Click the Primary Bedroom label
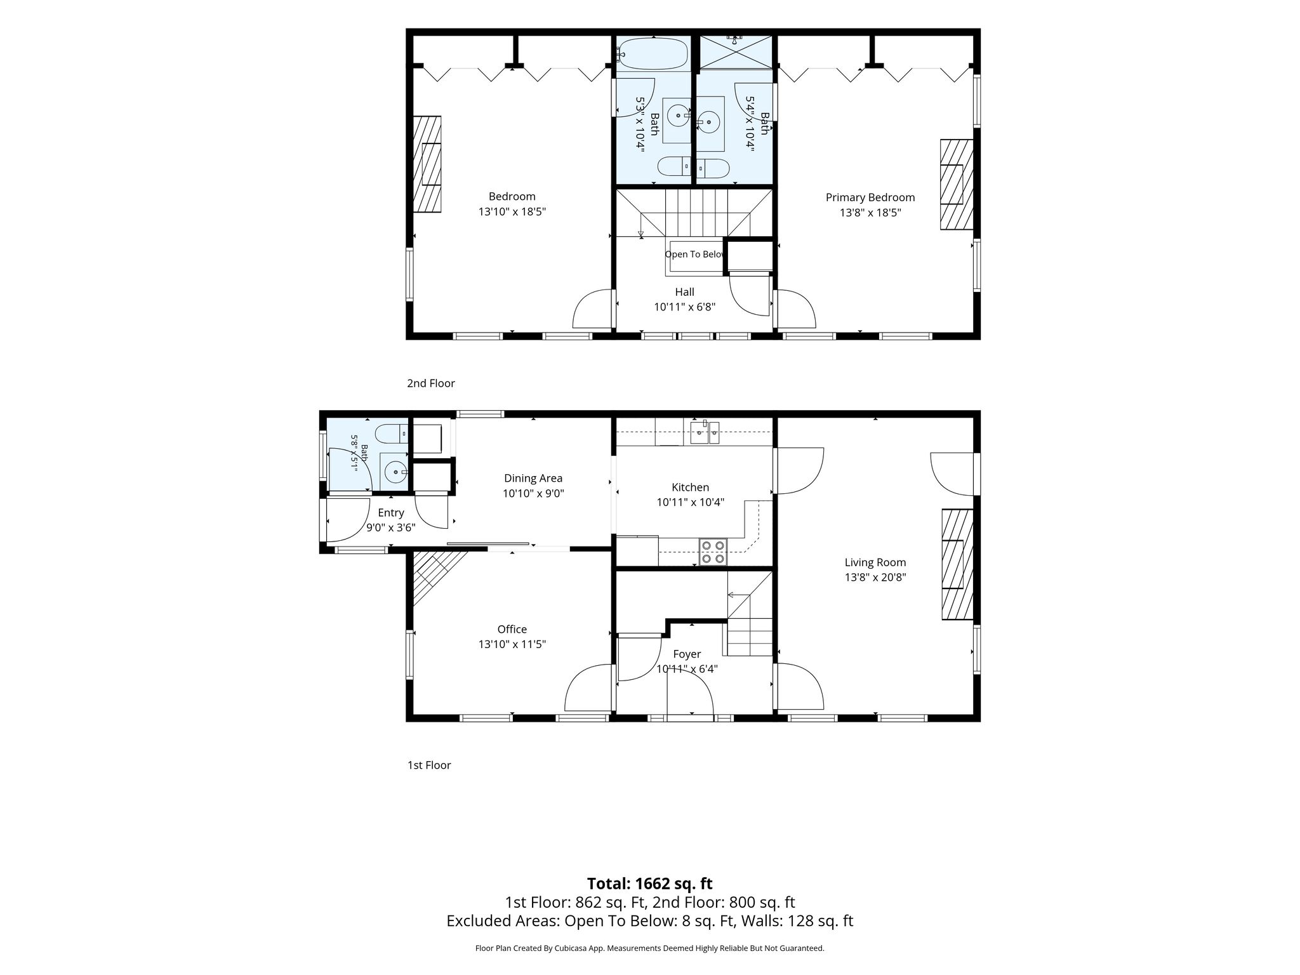pyautogui.click(x=870, y=197)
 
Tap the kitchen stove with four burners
pyautogui.click(x=713, y=551)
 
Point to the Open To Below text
pyautogui.click(x=695, y=255)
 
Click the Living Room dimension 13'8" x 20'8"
pyautogui.click(x=875, y=578)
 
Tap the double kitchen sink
pyautogui.click(x=705, y=434)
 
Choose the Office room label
pyautogui.click(x=512, y=629)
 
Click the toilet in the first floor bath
pyautogui.click(x=390, y=434)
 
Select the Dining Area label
pyautogui.click(x=533, y=479)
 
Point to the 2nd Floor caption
pyautogui.click(x=431, y=383)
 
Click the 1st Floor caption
pyautogui.click(x=429, y=765)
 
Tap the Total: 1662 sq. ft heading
pyautogui.click(x=649, y=883)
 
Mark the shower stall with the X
pyautogui.click(x=736, y=52)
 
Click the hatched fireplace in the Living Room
pyautogui.click(x=957, y=564)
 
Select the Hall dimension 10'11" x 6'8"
pyautogui.click(x=684, y=307)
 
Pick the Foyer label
pyautogui.click(x=687, y=654)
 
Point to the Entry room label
pyautogui.click(x=391, y=513)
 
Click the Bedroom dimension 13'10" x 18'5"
pyautogui.click(x=512, y=211)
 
